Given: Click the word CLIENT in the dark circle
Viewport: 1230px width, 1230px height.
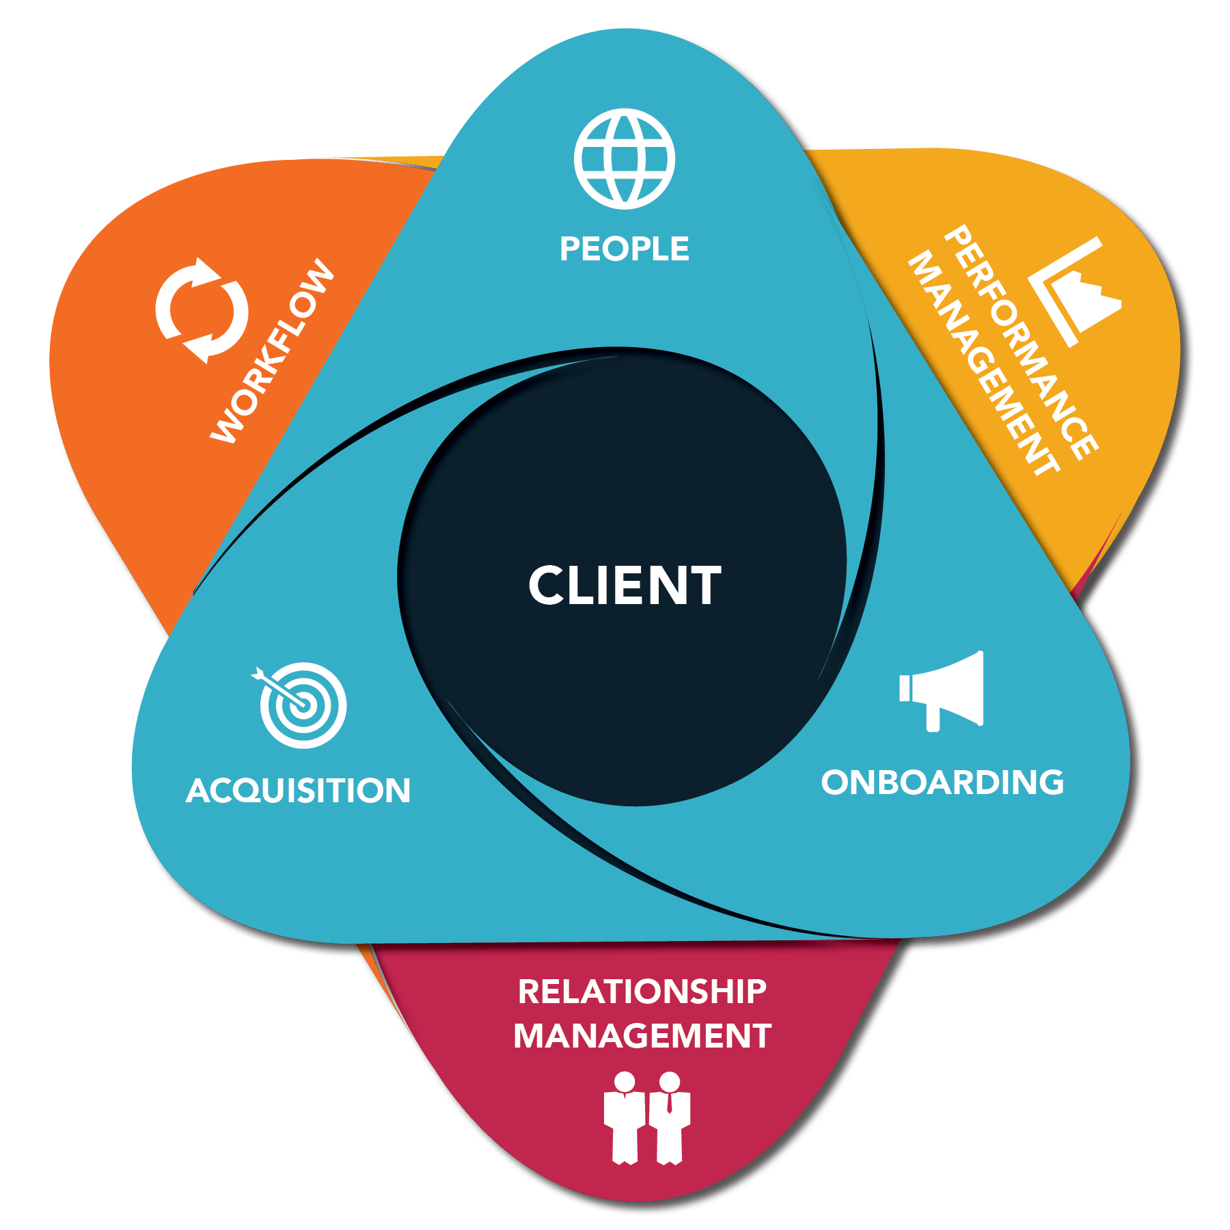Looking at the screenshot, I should click(x=625, y=586).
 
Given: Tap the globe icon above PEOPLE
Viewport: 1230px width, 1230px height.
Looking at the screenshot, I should click(x=624, y=159).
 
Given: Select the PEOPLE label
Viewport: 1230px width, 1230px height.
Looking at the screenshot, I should click(x=624, y=249).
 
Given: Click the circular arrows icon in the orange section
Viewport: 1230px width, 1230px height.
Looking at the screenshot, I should click(x=202, y=310).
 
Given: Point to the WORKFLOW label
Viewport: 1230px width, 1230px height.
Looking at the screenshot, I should click(x=272, y=351).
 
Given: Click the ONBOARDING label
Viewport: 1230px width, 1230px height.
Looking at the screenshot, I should click(x=942, y=782).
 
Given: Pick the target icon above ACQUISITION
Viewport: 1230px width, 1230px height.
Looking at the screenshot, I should click(x=303, y=705).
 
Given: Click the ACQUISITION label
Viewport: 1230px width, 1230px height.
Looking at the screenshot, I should click(x=298, y=791).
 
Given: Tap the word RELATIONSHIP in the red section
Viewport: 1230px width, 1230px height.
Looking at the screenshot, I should click(x=642, y=992).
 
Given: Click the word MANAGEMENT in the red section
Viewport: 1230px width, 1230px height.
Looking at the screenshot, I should click(x=642, y=1036).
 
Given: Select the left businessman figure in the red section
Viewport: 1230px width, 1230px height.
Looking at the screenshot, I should click(x=625, y=1118).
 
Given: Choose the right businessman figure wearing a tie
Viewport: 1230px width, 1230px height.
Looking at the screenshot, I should click(x=670, y=1118).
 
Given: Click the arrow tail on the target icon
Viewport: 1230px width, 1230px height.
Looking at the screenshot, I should click(x=259, y=674).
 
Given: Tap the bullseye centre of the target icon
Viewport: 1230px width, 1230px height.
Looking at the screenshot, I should click(x=303, y=705).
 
